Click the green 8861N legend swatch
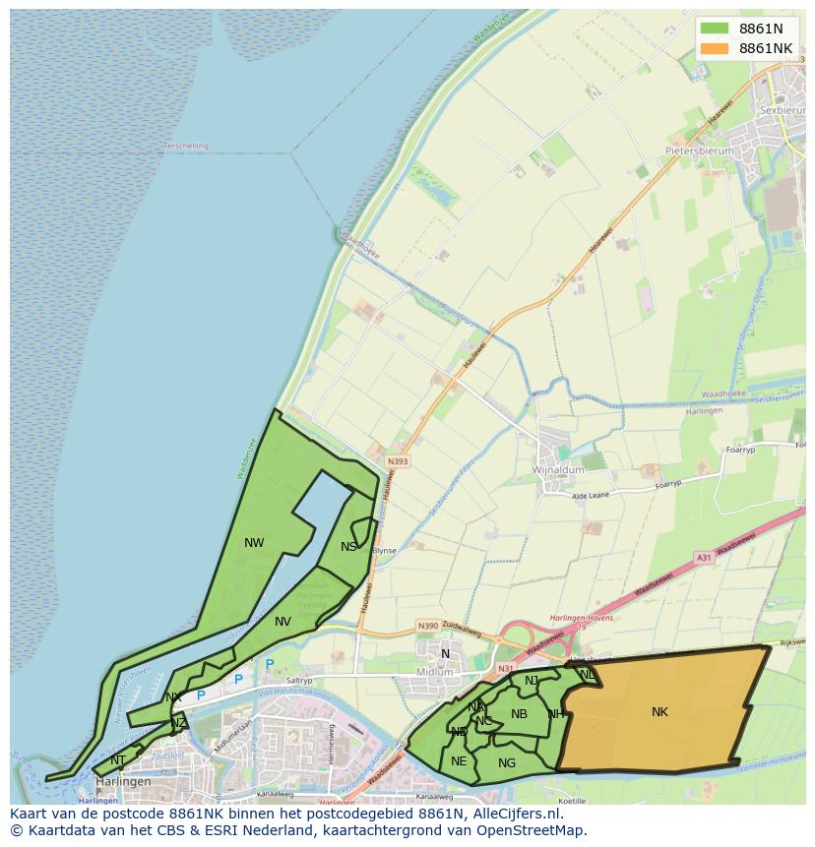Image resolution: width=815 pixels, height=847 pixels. pos(715,29)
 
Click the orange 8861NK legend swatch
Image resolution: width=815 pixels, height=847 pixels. pos(715,48)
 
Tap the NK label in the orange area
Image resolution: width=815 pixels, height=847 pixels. pos(659,712)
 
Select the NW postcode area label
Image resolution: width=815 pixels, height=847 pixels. pos(254,542)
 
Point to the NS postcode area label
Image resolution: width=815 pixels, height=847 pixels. pos(348,547)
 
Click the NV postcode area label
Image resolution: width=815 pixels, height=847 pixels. pos(282,621)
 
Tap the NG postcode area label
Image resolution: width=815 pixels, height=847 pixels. pos(507,762)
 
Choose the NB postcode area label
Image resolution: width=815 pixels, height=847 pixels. pos(519,714)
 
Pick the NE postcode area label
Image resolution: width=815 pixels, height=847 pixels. pos(459,760)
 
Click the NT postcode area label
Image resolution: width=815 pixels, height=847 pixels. pos(118,759)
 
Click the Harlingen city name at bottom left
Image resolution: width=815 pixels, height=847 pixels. pos(123,782)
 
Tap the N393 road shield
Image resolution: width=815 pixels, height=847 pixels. pos(398,460)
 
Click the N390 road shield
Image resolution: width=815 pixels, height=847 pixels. pos(427,625)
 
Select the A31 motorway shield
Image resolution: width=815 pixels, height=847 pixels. pos(703,558)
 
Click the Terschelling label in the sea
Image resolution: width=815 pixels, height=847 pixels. pos(186,146)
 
